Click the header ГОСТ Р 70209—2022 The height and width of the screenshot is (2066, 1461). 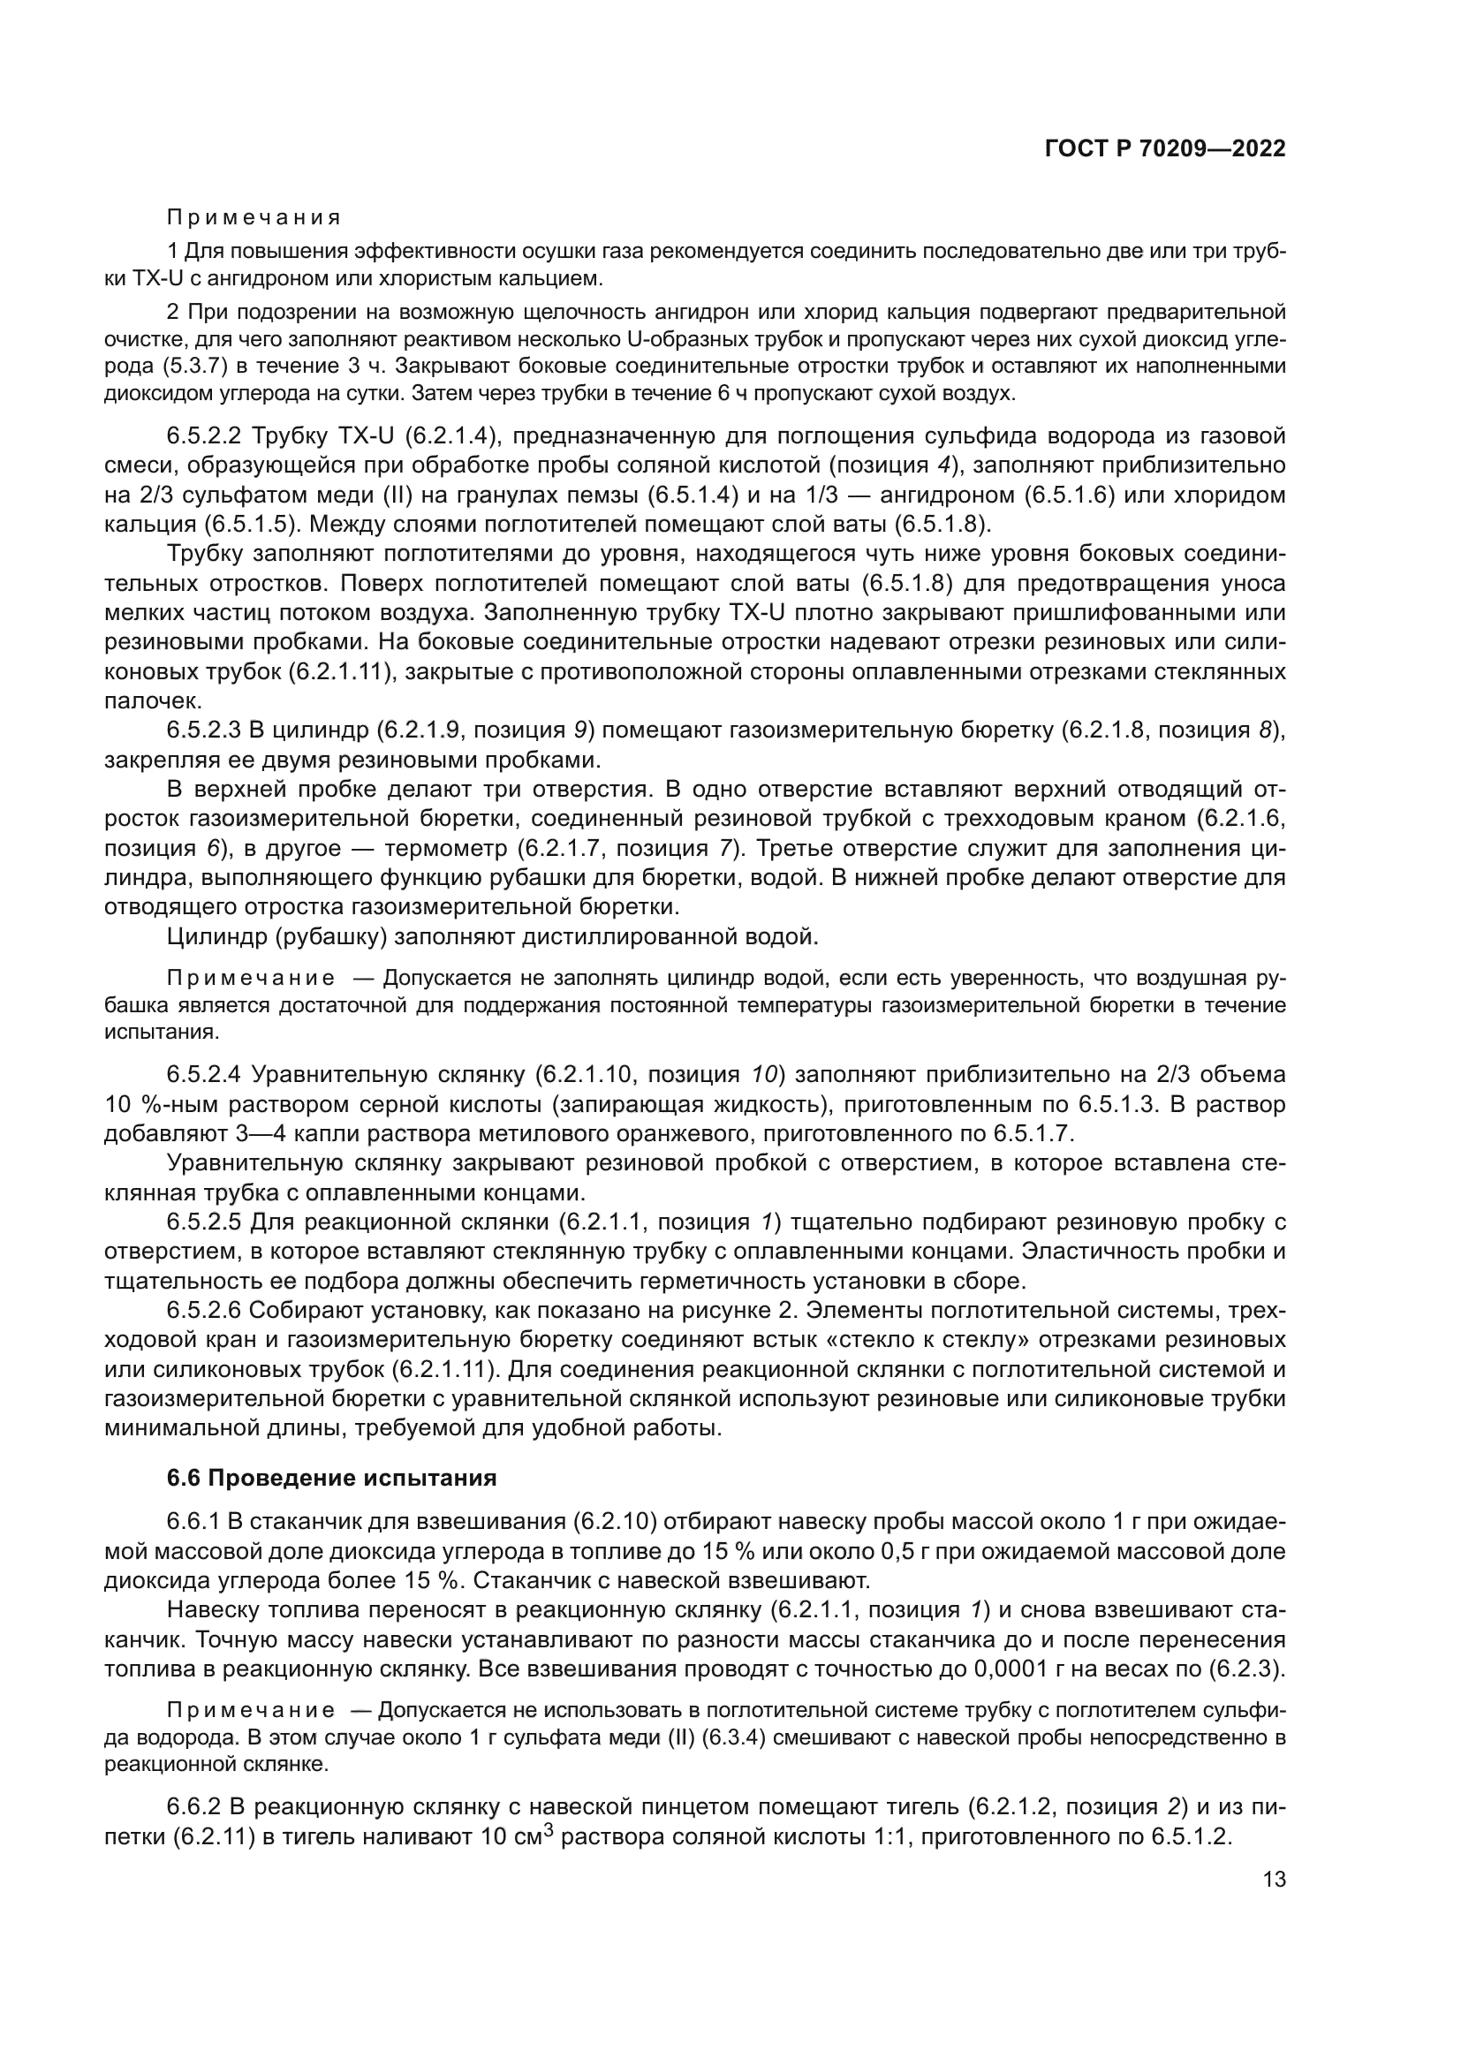click(x=1165, y=149)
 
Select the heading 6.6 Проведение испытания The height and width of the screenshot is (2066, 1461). click(x=331, y=1478)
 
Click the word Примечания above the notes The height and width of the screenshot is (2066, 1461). click(x=254, y=218)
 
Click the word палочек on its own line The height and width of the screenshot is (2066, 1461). click(x=145, y=700)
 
